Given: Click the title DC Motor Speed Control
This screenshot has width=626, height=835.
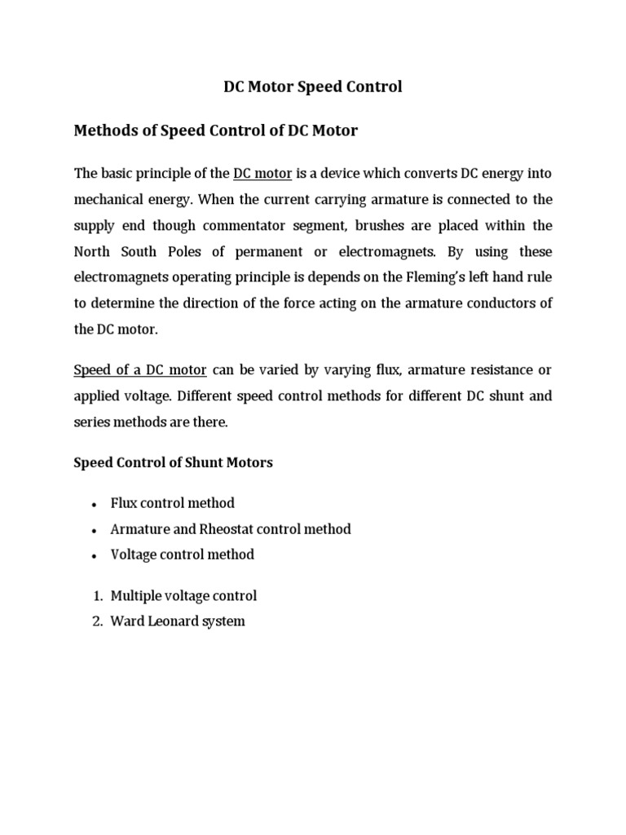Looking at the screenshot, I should click(313, 86).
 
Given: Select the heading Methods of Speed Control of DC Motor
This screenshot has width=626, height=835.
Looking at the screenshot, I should click(216, 130).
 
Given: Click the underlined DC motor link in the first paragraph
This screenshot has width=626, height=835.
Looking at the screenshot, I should click(262, 174).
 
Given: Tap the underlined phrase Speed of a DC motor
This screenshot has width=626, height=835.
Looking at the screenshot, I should click(140, 370).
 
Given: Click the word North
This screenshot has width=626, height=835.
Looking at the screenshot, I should click(93, 250).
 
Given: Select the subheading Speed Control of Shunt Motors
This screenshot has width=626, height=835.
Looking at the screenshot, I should click(174, 462).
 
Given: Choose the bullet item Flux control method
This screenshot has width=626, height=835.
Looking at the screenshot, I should click(173, 504).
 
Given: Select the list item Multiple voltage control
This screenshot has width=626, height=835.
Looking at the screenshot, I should click(183, 596).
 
